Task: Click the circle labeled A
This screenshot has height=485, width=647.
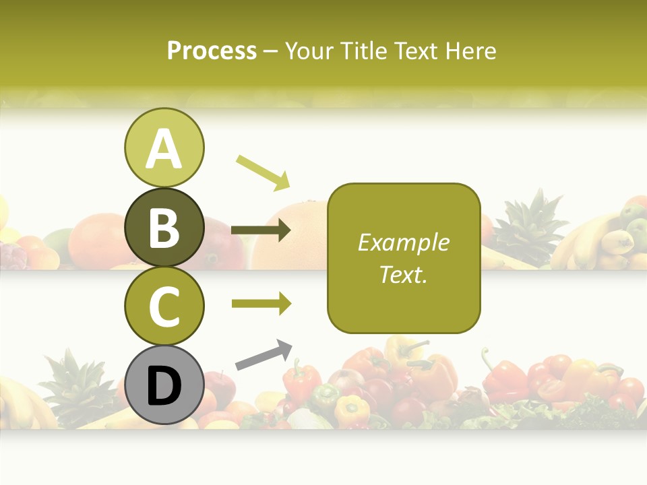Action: [x=164, y=148]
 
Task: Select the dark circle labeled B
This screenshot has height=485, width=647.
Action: [x=164, y=227]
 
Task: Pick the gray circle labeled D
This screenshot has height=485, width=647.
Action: [x=164, y=385]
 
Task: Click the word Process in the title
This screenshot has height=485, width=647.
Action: [x=212, y=51]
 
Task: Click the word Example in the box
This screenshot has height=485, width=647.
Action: [x=403, y=243]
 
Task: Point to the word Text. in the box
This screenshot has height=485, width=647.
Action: [x=403, y=275]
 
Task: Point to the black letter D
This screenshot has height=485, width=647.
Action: [x=164, y=386]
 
